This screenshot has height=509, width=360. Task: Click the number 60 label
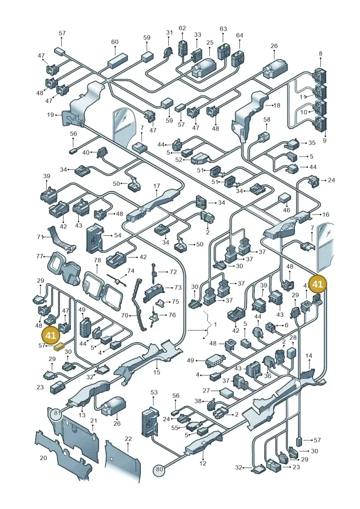click(x=115, y=42)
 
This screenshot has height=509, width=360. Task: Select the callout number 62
click(x=182, y=28)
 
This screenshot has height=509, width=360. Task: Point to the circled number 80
click(x=159, y=469)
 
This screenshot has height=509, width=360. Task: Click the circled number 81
click(x=58, y=413)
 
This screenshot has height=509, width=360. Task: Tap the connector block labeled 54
click(x=94, y=239)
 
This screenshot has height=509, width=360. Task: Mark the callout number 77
click(x=40, y=257)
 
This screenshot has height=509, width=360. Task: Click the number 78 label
click(x=97, y=260)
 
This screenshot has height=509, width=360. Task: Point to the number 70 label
click(x=124, y=315)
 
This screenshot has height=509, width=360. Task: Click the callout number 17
click(x=157, y=186)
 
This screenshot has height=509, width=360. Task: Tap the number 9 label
click(x=324, y=140)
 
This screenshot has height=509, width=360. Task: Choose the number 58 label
click(x=267, y=119)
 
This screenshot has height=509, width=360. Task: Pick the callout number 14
click(x=309, y=356)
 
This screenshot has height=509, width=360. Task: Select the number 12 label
click(x=202, y=463)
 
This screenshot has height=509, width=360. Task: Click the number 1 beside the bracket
click(x=215, y=324)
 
